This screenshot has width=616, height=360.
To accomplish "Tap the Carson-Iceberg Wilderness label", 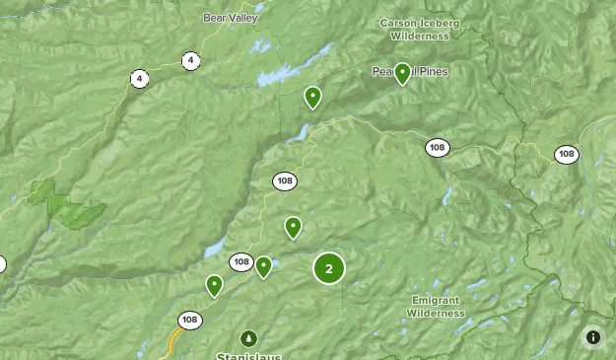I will coord(420,29).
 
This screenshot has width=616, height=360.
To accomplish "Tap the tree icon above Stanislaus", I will coord(248,338).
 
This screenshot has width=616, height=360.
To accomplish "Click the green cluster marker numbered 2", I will coord(329,268).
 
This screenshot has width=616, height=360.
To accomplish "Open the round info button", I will coord(593,337).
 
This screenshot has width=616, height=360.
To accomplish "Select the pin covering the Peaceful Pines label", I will coord(402,73).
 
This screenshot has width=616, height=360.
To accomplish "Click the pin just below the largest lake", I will coord(312,97).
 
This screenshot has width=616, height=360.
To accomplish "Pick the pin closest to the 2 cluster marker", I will coord(293,227).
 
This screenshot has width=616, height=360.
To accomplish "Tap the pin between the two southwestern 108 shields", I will coord(214,286).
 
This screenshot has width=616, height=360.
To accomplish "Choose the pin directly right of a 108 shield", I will coord(263,266).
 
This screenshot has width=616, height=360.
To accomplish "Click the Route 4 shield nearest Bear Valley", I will coord(189,61).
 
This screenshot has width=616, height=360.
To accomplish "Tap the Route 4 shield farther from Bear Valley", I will coord(140,78).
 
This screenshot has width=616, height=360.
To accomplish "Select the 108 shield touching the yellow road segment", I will coord(189,321).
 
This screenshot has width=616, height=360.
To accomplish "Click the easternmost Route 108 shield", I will coord(566,154).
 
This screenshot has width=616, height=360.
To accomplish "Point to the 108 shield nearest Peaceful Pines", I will coord(438,148).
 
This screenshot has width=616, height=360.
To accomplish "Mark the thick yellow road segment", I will coord(173,343).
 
